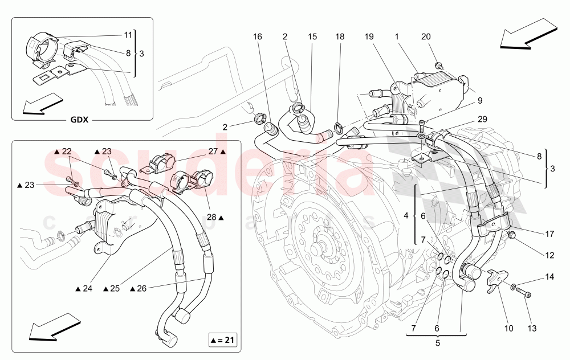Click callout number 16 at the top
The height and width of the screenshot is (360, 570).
click(258, 36)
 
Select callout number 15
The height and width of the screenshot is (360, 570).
click(312, 36)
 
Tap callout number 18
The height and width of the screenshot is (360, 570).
click(340, 36)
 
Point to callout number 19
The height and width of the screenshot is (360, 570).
click(369, 36)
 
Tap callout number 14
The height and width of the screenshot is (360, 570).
click(549, 277)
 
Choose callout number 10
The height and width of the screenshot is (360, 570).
click(508, 329)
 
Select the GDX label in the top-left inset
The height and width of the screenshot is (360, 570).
click(83, 120)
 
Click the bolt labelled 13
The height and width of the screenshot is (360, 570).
click(526, 294)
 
